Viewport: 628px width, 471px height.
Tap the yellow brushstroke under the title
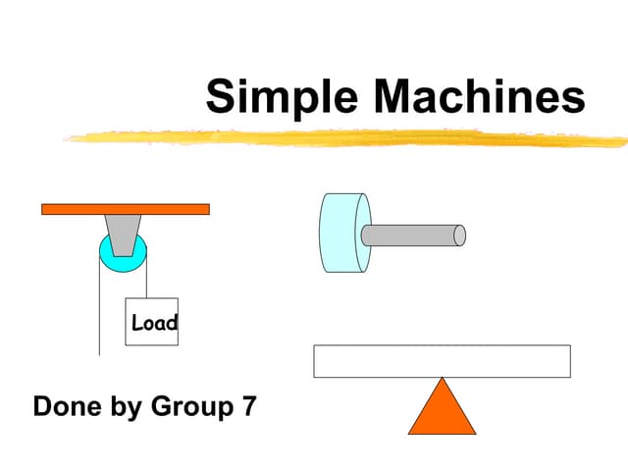coord(343,138)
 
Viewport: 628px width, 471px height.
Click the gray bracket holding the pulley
coord(123,235)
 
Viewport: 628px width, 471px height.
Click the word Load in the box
coord(154,322)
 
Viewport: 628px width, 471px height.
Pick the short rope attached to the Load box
coord(147,280)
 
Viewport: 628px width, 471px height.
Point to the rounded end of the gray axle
coord(459,235)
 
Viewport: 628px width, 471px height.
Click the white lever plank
coord(442,361)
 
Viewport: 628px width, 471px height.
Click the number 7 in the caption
coord(249,406)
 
